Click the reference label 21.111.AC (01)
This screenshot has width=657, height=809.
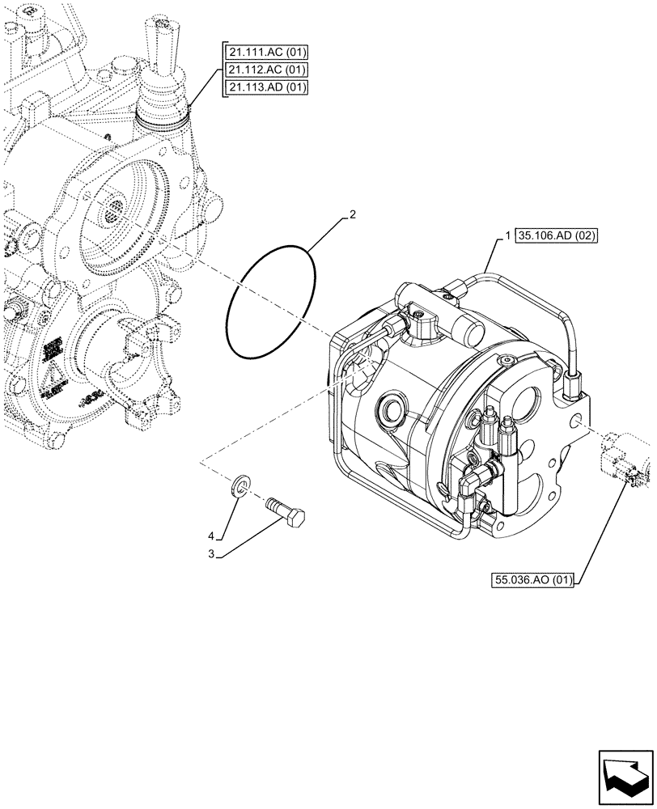click(266, 53)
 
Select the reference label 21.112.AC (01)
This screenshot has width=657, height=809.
click(266, 70)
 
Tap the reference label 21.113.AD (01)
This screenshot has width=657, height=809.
click(266, 87)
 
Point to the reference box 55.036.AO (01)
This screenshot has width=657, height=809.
click(531, 579)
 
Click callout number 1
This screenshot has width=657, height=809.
click(507, 236)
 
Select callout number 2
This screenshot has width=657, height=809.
click(352, 215)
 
